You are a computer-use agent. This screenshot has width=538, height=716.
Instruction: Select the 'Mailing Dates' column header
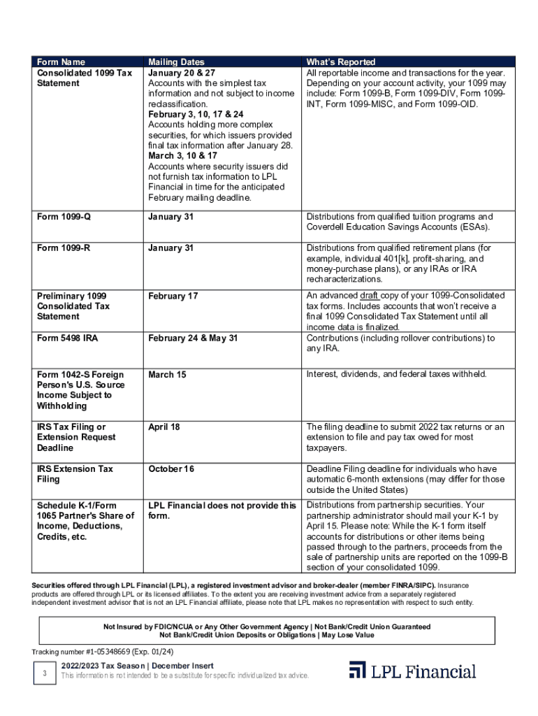pyautogui.click(x=176, y=62)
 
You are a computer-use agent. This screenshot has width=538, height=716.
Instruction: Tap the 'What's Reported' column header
pyautogui.click(x=341, y=62)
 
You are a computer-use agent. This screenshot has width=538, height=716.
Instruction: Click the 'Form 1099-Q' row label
pyautogui.click(x=64, y=217)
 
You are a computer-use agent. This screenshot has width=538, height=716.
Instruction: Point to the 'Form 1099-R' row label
pyautogui.click(x=64, y=248)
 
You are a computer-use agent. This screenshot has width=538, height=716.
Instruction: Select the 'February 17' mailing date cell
pyautogui.click(x=173, y=296)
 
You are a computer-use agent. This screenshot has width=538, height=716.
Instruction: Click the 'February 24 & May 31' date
pyautogui.click(x=193, y=338)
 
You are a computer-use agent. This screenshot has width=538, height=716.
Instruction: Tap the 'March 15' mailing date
pyautogui.click(x=167, y=375)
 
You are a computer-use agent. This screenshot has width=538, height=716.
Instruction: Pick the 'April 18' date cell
pyautogui.click(x=164, y=427)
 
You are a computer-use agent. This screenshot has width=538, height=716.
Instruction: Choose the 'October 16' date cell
pyautogui.click(x=171, y=468)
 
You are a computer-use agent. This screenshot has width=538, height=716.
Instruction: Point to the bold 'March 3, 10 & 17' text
pyautogui.click(x=182, y=156)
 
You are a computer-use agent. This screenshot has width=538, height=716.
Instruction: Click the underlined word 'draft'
pyautogui.click(x=373, y=296)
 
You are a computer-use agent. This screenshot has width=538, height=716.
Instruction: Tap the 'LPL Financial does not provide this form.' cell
pyautogui.click(x=221, y=510)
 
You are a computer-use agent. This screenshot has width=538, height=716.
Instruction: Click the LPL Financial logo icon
pyautogui.click(x=358, y=670)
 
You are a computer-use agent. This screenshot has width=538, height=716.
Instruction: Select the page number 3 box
pyautogui.click(x=45, y=673)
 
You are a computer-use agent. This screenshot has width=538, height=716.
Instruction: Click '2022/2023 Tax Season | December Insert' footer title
pyautogui.click(x=137, y=666)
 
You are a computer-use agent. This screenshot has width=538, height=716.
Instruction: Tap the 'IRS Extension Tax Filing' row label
pyautogui.click(x=75, y=474)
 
